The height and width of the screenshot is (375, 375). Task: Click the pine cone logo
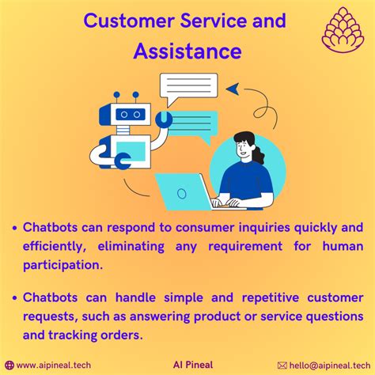coord(343,29)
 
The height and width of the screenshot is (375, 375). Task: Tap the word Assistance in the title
coord(187,51)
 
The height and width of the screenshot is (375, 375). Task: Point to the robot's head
coord(125,114)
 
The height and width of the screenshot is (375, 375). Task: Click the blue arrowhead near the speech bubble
coord(233,89)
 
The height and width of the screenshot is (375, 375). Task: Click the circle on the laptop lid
coord(182,194)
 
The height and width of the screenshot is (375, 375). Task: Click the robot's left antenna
coord(116,97)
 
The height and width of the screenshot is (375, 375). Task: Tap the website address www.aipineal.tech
coord(54,365)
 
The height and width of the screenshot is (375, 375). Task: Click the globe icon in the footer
coord(9,366)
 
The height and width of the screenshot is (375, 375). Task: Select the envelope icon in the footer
coord(282,366)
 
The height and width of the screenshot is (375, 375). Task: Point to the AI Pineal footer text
coord(193,365)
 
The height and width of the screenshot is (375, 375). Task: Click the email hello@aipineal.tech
coord(330,366)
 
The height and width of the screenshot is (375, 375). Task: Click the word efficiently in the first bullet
coord(55,247)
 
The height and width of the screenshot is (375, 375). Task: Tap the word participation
coord(62,265)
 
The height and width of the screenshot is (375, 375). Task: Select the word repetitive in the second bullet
coord(271,298)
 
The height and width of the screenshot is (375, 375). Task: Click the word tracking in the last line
coord(69,335)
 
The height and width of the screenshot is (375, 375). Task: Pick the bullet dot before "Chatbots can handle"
coord(15,298)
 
